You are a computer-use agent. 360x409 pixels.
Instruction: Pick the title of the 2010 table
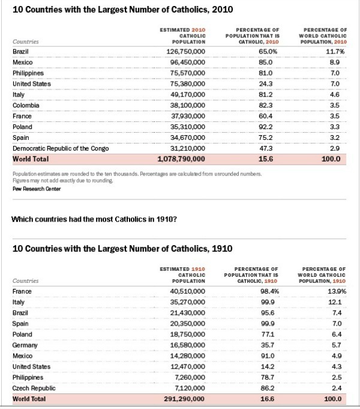tap(115, 10)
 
